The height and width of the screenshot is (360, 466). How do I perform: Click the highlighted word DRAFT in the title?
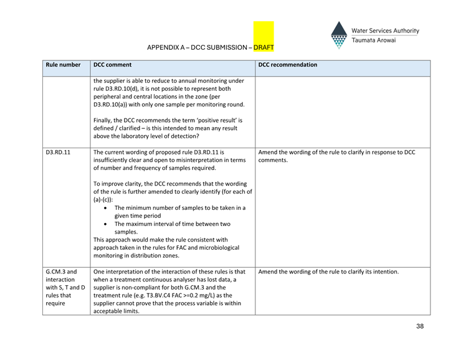[264, 47]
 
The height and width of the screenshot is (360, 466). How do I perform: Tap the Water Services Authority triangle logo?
[339, 36]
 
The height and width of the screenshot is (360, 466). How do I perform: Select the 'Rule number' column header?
[63, 65]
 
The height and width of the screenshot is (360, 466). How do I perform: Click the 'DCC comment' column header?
[112, 65]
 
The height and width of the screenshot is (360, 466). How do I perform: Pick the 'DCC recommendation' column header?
[287, 65]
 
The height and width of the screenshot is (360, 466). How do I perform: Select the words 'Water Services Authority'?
[385, 31]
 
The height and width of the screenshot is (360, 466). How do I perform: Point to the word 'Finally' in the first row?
[103, 120]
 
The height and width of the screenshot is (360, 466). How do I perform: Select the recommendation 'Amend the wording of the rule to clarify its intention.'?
[328, 272]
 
